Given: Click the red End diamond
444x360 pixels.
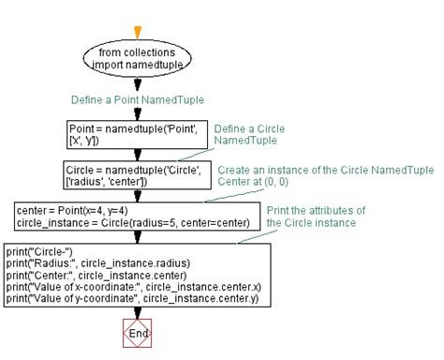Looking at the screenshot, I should (x=137, y=333).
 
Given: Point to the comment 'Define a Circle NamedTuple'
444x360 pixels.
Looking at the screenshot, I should (x=249, y=134).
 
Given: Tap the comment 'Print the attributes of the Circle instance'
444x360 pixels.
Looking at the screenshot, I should (x=315, y=216).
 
